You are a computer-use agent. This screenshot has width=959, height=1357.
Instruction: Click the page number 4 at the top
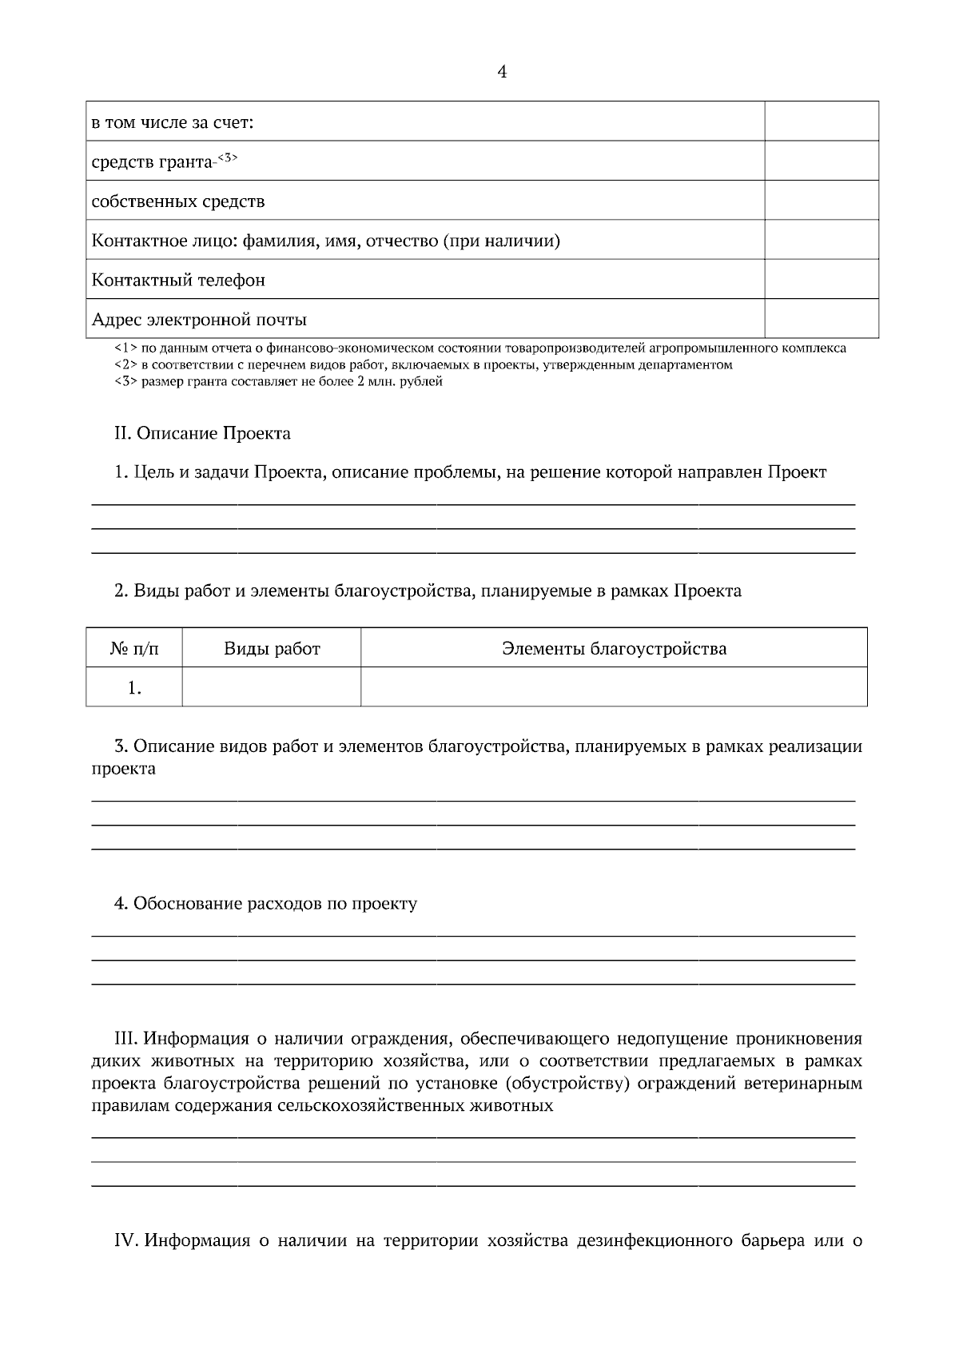point(502,72)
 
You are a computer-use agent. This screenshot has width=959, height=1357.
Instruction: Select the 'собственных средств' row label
point(178,201)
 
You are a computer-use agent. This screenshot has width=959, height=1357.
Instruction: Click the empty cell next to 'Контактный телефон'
point(821,280)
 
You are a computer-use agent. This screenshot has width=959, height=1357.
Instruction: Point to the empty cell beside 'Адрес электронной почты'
point(821,320)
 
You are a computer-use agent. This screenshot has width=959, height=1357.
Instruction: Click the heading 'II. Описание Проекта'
point(202,434)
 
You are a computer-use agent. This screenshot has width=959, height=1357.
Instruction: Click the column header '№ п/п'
point(134,649)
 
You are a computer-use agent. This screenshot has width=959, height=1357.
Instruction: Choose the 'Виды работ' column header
point(272,649)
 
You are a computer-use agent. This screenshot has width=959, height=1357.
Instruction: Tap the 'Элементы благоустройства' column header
point(614,649)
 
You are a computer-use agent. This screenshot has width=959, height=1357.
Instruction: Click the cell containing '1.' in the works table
point(134,688)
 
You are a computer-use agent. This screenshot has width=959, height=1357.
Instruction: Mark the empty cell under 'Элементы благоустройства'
point(614,688)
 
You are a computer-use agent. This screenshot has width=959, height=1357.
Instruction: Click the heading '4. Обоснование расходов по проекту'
point(265,904)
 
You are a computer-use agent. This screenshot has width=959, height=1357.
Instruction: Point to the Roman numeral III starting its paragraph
point(128,1039)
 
